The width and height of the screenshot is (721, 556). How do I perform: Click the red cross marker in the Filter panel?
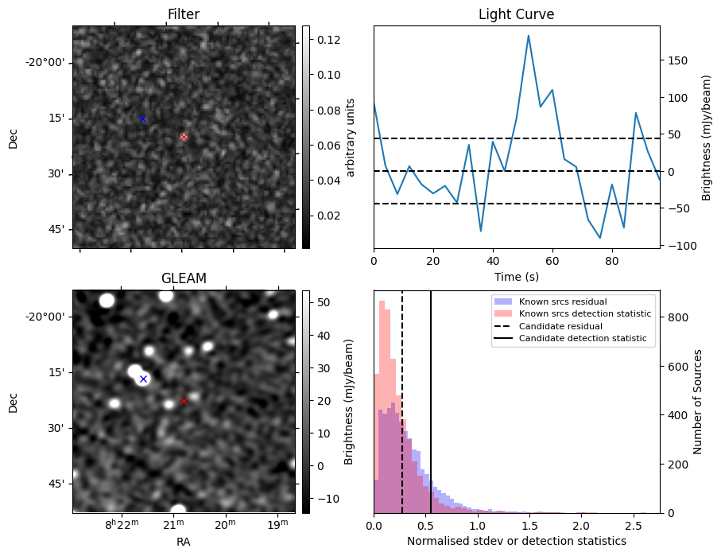184,137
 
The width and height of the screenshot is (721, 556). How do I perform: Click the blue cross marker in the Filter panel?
142,119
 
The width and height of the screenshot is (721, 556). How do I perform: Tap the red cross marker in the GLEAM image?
184,401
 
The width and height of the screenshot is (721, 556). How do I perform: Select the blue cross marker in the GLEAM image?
143,379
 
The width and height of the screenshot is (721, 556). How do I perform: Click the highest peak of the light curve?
528,36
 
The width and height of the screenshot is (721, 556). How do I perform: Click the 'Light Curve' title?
516,14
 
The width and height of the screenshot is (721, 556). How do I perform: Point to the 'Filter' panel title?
183,14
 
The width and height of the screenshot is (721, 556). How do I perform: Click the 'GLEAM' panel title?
183,278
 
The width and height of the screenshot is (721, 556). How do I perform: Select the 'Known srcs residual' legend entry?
562,301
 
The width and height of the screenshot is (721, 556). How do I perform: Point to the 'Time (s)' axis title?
516,275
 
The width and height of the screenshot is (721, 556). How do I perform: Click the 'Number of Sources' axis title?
698,402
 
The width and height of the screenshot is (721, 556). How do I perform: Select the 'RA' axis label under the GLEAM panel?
183,541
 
